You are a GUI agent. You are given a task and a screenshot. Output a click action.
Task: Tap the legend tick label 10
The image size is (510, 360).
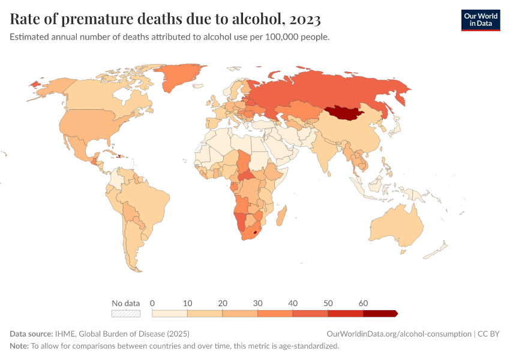click(187, 304)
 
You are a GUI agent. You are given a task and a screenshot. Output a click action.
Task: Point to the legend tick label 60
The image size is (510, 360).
click(362, 304)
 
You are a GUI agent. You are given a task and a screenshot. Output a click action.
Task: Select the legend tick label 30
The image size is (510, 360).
click(257, 304)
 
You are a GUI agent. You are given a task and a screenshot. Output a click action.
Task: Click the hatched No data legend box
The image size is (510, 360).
click(126, 313)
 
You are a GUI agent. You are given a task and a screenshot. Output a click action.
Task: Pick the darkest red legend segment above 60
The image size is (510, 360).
click(380, 313)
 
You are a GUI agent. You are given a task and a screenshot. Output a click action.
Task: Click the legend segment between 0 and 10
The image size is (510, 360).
click(170, 313)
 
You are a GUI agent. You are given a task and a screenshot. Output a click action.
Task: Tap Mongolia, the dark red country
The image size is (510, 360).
click(345, 113)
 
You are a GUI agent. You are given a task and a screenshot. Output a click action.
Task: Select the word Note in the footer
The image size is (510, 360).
click(19, 346)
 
